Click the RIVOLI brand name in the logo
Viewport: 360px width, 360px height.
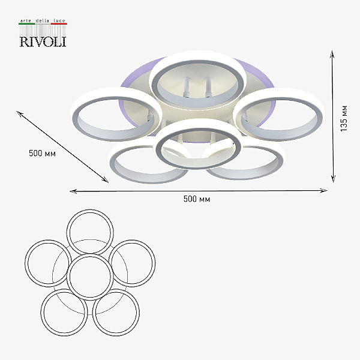[43, 41]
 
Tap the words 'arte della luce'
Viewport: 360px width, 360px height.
[43, 20]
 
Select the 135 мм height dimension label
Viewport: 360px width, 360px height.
[344, 118]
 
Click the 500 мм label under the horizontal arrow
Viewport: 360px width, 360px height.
[197, 199]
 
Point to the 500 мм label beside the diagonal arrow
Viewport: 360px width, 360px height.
[42, 153]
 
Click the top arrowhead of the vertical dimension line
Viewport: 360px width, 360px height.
[332, 54]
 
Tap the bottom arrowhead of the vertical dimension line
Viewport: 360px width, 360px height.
[333, 179]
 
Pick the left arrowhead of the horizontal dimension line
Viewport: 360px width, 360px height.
[73, 191]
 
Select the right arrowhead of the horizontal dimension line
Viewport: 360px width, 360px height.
[324, 190]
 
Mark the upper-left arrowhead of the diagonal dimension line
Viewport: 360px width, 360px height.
[20, 113]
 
